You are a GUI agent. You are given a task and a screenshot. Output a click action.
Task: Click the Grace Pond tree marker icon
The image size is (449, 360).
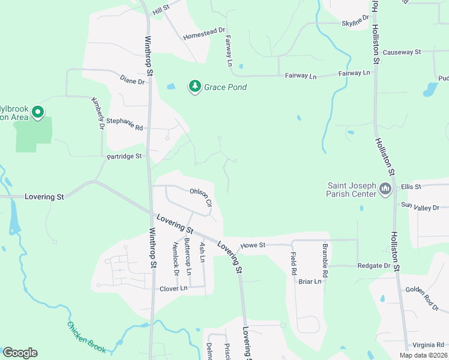coord(194,87)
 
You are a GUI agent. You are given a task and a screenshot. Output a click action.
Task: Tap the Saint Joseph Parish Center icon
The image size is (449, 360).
coord(385,190)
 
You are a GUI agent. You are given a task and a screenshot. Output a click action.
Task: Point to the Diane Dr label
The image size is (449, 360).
coord(133,80)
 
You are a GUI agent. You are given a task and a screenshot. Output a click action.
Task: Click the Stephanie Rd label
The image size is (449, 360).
coord(125,124)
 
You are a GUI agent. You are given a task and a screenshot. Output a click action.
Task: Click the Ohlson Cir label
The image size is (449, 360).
coord(201,197)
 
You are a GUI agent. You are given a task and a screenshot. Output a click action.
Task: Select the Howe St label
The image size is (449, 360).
coord(253,245)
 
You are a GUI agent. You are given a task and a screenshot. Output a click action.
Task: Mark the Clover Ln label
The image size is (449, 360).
coord(173,289)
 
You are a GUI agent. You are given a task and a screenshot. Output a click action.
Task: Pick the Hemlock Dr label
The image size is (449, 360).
coord(176,256)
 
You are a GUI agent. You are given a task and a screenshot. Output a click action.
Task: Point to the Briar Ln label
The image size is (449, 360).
coord(310,281)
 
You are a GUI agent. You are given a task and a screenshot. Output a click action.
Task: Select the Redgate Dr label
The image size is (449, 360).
coord(374,265)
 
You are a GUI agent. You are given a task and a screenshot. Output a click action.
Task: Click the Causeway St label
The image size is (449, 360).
coord(402,52)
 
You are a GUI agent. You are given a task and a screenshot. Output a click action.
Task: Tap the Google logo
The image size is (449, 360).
coord(20,353)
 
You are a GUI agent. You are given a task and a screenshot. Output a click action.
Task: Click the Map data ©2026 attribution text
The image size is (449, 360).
coord(423,355)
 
